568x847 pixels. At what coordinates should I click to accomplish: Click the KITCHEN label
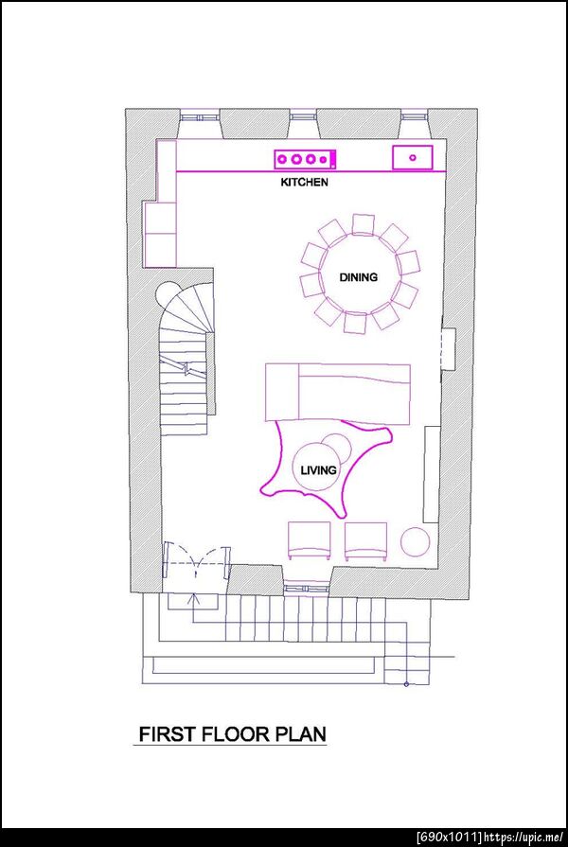[x=304, y=182]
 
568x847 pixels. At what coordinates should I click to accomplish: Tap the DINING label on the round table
[x=358, y=277]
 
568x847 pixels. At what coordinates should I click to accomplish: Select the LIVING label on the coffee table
[x=318, y=470]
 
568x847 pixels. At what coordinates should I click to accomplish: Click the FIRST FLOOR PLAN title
[x=233, y=734]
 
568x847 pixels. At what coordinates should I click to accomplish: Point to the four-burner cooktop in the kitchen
[x=306, y=159]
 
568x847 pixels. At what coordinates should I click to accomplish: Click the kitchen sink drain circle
[x=413, y=157]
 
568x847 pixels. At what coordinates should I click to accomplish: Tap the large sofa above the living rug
[x=338, y=393]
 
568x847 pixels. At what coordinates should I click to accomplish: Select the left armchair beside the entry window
[x=310, y=540]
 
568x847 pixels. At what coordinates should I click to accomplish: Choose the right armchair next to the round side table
[x=365, y=540]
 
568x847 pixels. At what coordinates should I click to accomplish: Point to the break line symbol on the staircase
[x=187, y=369]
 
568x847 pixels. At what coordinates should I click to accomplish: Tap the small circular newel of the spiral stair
[x=167, y=292]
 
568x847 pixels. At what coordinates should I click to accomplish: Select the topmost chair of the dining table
[x=363, y=224]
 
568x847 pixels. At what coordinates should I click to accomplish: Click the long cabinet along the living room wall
[x=431, y=474]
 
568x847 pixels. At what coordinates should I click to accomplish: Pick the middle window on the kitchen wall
[x=303, y=116]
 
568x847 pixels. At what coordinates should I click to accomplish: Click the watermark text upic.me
[x=524, y=838]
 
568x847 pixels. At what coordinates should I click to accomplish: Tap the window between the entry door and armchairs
[x=307, y=586]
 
